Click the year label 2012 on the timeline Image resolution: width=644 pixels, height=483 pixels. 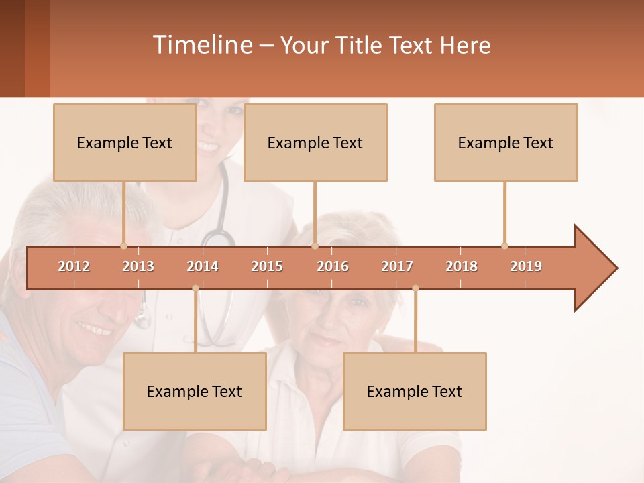click(x=74, y=266)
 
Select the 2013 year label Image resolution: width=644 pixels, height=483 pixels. click(x=138, y=266)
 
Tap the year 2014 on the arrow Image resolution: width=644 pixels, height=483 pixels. click(x=203, y=266)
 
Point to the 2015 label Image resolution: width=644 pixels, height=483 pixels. click(x=267, y=266)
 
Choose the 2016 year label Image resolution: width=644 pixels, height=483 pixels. click(x=333, y=266)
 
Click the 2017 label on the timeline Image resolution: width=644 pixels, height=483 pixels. click(x=397, y=266)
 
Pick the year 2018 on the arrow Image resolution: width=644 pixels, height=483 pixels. click(x=462, y=266)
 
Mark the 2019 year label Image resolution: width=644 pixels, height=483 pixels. click(x=526, y=266)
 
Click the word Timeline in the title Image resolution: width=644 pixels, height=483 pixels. click(x=202, y=45)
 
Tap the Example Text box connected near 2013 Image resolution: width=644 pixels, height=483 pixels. click(x=125, y=142)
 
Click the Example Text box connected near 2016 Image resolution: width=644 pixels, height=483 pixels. click(x=315, y=142)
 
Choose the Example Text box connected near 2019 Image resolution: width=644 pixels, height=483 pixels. click(x=506, y=142)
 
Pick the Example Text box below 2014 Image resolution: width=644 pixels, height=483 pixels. click(x=195, y=391)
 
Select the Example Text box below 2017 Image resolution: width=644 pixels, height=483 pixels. click(x=415, y=391)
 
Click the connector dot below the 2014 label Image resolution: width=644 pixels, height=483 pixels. click(x=195, y=288)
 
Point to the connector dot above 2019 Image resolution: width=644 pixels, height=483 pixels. click(x=504, y=246)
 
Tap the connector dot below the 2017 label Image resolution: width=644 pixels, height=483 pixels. click(x=415, y=288)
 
